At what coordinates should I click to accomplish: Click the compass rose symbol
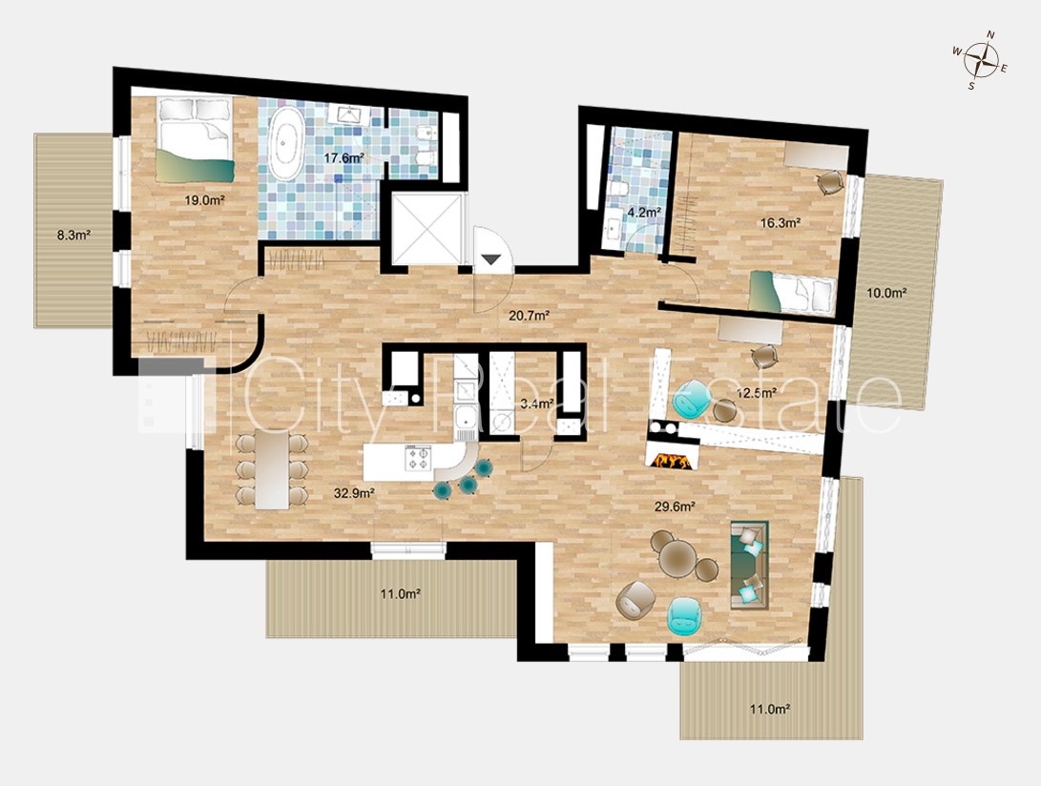981,62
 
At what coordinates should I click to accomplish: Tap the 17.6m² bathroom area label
343,157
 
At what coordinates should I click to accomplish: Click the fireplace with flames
671,459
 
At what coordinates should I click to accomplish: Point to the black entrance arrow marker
490,259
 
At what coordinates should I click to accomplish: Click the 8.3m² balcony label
73,234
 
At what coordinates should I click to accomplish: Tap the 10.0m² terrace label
887,292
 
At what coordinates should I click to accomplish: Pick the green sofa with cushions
750,565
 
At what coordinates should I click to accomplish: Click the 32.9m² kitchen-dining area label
355,492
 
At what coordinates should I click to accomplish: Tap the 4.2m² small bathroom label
643,213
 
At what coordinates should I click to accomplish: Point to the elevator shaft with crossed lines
426,228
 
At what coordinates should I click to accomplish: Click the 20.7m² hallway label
529,316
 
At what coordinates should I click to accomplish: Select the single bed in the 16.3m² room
791,292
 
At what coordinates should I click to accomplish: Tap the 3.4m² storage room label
537,403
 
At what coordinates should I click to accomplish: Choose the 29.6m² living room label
675,507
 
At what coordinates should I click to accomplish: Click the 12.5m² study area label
757,392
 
